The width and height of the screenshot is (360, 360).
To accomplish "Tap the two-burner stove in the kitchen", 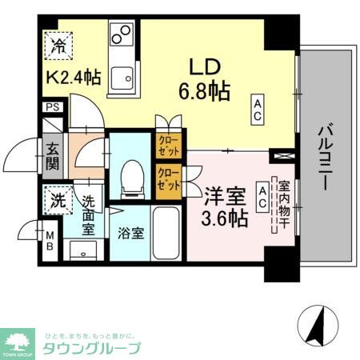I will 122,35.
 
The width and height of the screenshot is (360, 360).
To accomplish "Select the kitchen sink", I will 122,78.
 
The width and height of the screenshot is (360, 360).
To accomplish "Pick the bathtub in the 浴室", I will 166,232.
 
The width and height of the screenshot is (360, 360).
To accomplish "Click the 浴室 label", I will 130,236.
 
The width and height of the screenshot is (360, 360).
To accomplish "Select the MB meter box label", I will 50,241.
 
